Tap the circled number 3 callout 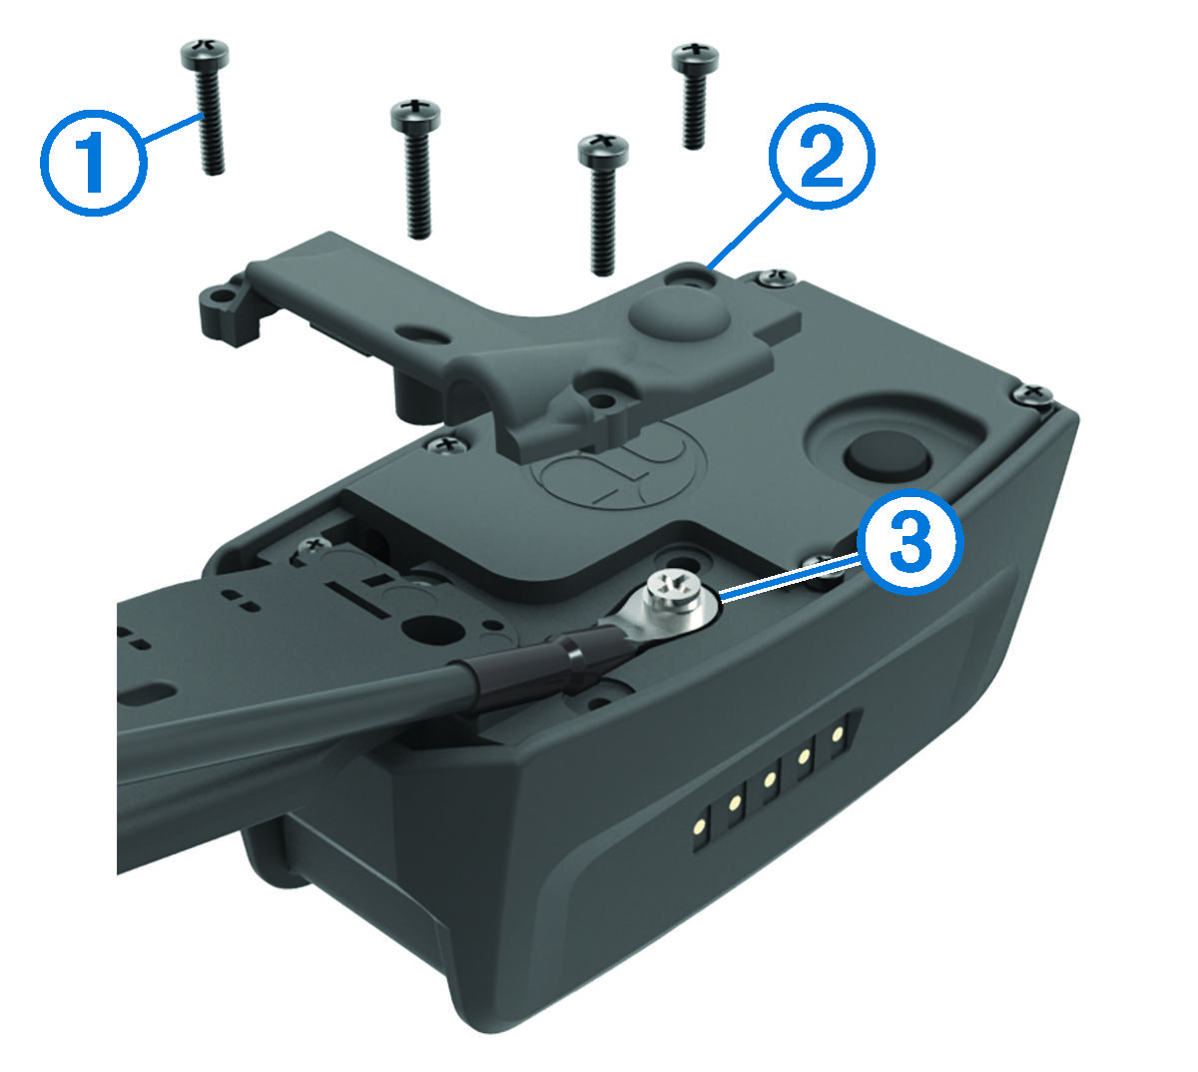pos(907,542)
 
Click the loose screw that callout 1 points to pos(207,110)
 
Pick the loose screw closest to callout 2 pos(692,95)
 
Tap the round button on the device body pos(888,458)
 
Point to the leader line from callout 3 pos(789,579)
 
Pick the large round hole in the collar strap pos(430,630)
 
